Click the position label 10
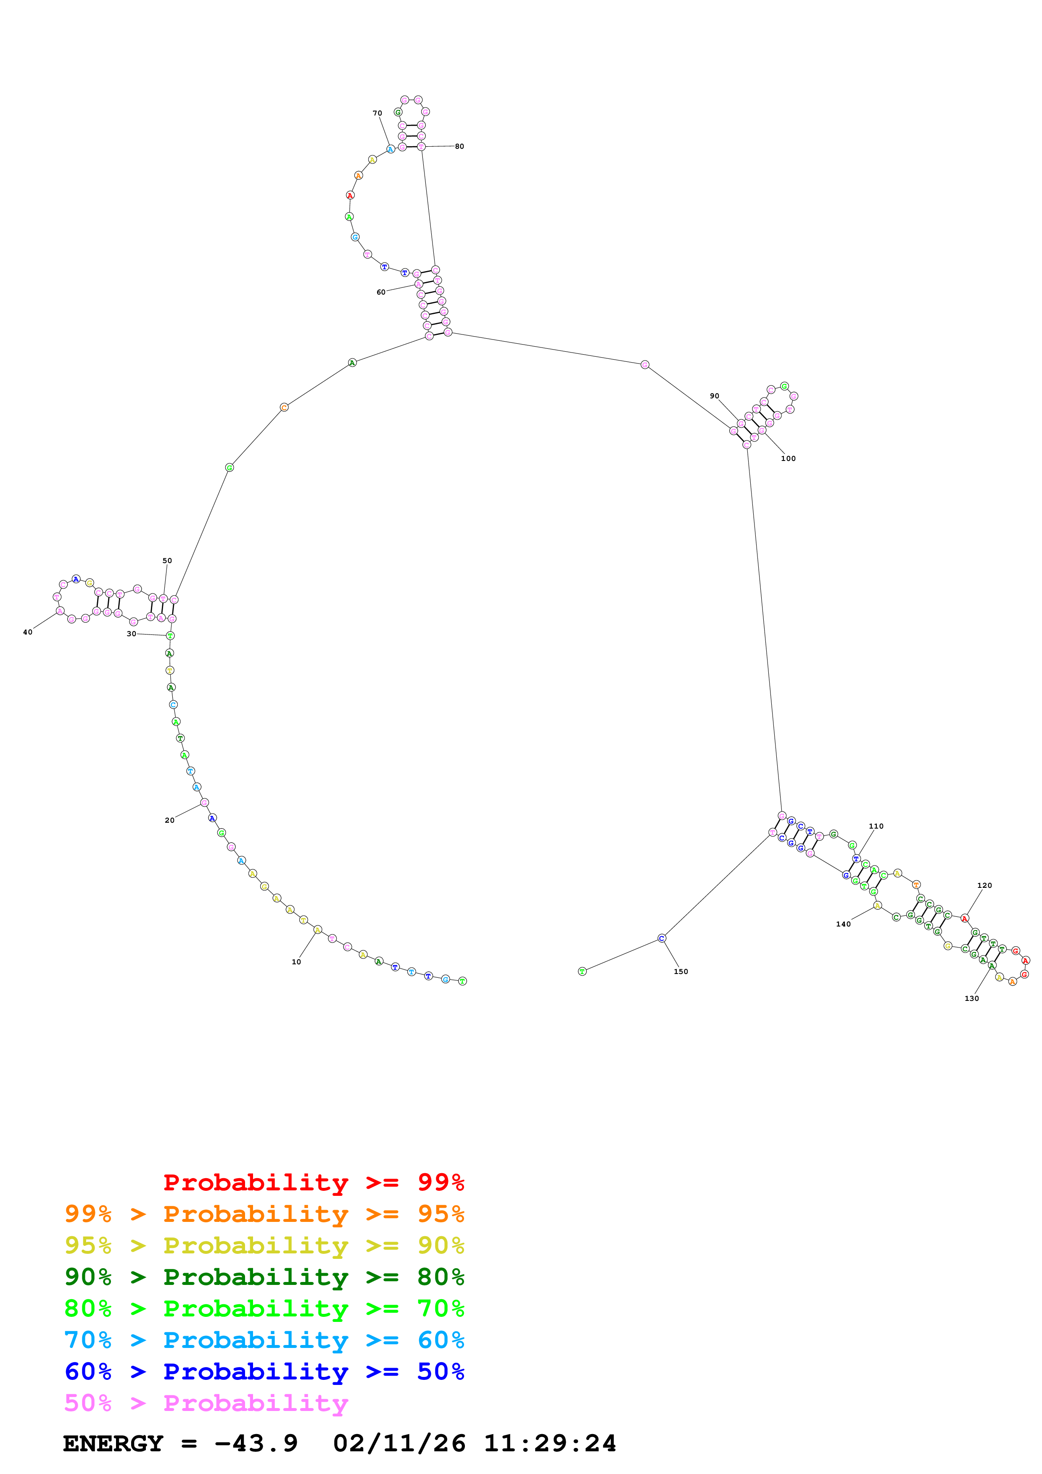pos(296,962)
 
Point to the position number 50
pos(167,561)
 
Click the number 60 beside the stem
pos(381,292)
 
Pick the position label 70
pos(377,113)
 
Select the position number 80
pos(460,146)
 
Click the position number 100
pos(789,458)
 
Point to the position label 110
pos(876,826)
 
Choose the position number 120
pos(985,885)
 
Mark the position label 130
pos(972,998)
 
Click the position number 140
pos(844,924)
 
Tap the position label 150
pos(681,971)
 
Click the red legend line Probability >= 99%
pos(313,1182)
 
